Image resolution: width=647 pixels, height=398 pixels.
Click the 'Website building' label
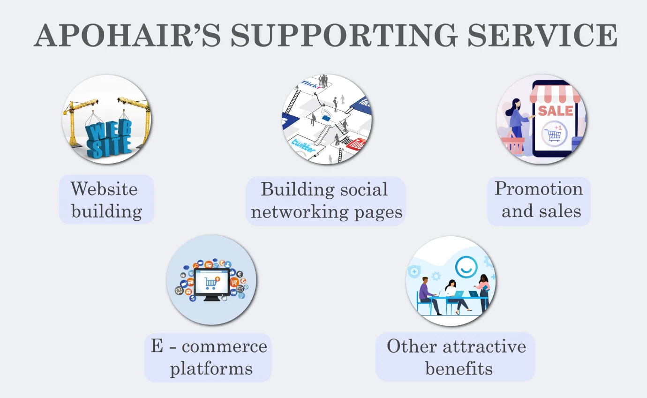(106, 200)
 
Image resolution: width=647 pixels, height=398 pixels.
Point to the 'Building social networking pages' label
(326, 201)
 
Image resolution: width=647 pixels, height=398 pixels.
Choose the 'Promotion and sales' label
(539, 200)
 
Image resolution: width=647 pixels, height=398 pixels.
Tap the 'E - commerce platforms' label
(209, 357)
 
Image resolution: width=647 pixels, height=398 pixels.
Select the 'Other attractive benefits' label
(456, 357)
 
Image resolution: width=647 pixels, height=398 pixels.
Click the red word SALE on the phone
(555, 111)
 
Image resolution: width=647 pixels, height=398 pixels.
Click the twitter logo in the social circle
(303, 145)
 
